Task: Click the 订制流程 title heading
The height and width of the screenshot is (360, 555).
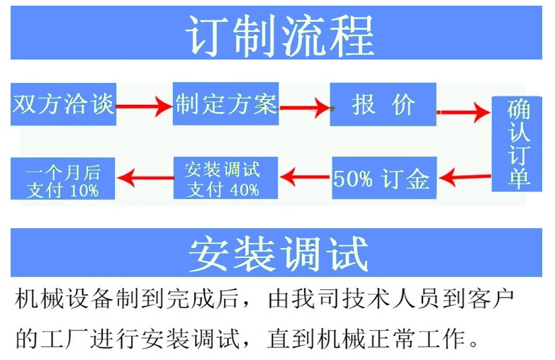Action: coord(277,34)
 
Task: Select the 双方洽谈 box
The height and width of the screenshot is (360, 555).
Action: coord(63,104)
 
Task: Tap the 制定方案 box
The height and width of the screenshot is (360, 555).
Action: coord(225,104)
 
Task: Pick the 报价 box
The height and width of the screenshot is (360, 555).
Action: coord(383,105)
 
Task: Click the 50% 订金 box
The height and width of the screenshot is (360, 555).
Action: coord(383,178)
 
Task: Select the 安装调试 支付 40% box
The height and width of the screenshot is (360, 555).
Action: coord(225,179)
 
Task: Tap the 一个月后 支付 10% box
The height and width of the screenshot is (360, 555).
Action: coord(63,179)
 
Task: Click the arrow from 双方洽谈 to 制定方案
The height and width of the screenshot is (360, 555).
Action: coord(145,106)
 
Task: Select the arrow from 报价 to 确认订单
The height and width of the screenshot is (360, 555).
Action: coord(464,112)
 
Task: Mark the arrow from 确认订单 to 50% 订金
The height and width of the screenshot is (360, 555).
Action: coord(464,173)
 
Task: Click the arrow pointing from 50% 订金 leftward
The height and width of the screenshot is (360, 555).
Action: coord(305,174)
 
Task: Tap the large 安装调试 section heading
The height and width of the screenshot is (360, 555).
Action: coord(277,252)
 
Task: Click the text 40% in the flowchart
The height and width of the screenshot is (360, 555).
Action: coord(244,189)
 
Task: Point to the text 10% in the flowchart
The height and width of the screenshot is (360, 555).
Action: coord(84,190)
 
